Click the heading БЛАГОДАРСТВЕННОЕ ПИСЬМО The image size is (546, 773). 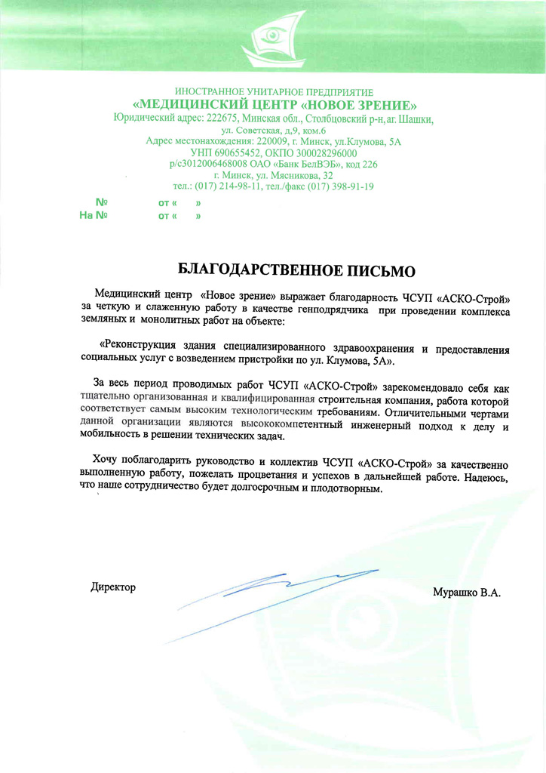coord(296,269)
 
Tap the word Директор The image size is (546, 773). coord(113,587)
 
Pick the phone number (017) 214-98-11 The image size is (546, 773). coord(227,186)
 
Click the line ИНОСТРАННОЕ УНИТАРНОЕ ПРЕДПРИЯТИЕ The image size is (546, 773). coord(274,92)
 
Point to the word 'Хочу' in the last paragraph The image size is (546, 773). coord(106,460)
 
